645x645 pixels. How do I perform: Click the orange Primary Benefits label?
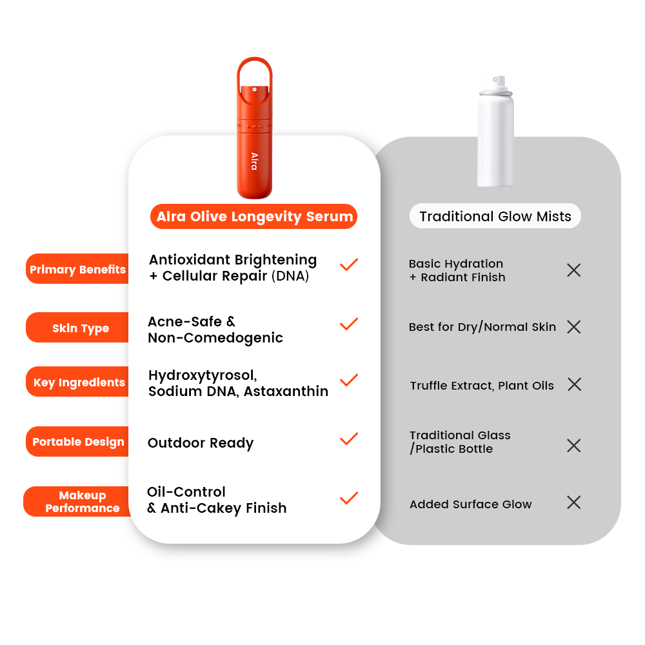tap(77, 269)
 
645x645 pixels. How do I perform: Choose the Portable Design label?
tap(77, 441)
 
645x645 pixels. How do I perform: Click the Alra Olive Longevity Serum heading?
tap(253, 216)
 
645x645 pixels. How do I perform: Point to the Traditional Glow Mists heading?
tap(495, 216)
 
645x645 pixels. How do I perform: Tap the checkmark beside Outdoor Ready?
tap(349, 439)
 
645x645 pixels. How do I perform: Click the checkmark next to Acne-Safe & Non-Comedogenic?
tap(349, 324)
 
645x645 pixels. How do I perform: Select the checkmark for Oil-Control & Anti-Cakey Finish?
tap(349, 498)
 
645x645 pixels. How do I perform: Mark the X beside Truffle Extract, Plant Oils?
tap(574, 384)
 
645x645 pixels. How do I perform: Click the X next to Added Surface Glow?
tap(574, 502)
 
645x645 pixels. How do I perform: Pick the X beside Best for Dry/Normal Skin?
tap(574, 327)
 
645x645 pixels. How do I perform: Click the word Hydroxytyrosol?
tap(203, 375)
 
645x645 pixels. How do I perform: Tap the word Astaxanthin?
tap(286, 392)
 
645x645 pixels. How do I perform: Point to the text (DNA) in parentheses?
tap(290, 275)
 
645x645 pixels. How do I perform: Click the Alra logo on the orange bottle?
tap(255, 161)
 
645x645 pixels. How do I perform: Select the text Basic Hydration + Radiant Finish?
tap(457, 270)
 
